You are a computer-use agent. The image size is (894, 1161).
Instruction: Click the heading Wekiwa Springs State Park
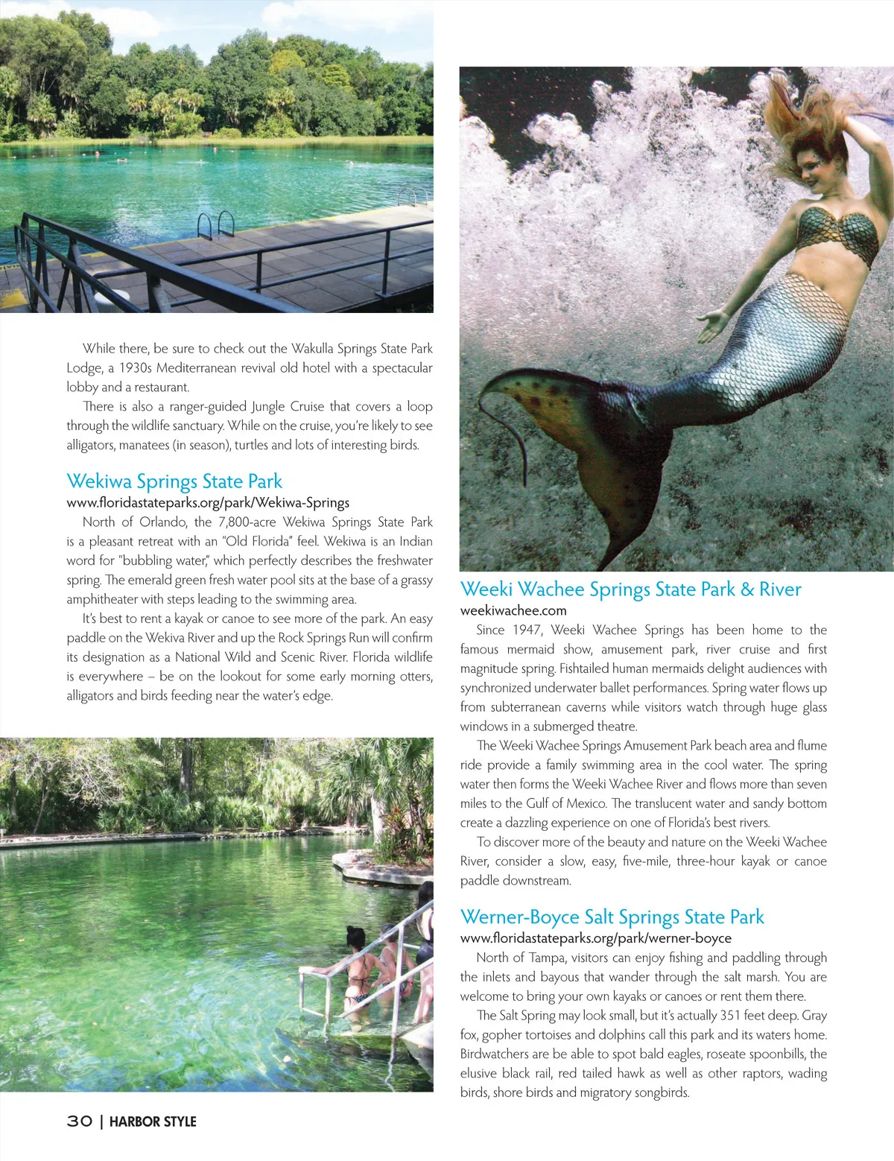[x=174, y=481]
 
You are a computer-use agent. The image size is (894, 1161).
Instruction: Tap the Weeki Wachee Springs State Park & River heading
[x=630, y=589]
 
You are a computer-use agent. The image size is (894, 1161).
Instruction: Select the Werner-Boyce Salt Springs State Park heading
[x=612, y=917]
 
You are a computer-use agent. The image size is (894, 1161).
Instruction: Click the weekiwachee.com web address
[x=513, y=610]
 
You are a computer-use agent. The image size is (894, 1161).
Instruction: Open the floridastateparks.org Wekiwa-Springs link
[x=208, y=502]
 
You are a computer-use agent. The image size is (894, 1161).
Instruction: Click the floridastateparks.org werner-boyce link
[x=595, y=938]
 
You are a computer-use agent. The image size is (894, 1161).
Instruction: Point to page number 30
[x=79, y=1122]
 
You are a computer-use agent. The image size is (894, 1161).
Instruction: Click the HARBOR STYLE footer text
[x=153, y=1122]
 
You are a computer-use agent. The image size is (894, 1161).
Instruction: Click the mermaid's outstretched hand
[x=711, y=323]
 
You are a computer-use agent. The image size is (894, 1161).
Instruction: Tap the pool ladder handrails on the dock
[x=215, y=224]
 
